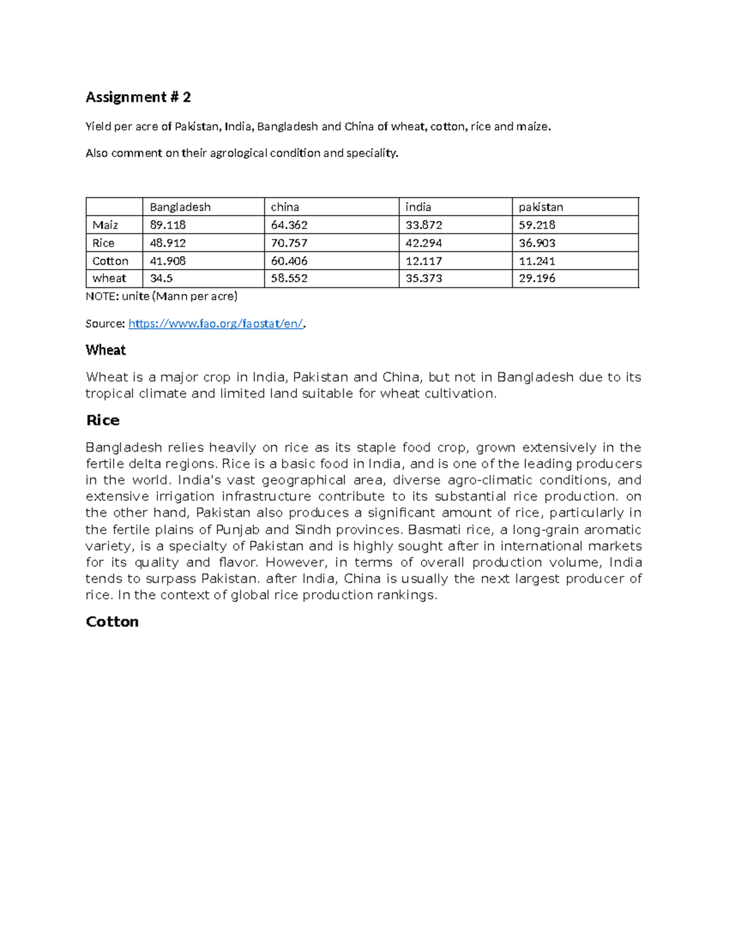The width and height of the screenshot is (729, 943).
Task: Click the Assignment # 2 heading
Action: (x=138, y=97)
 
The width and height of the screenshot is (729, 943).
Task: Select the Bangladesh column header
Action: (x=180, y=207)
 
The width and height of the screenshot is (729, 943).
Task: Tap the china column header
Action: (x=285, y=207)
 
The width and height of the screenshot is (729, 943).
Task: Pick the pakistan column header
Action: (x=541, y=207)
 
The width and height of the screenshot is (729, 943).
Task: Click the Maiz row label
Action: (x=105, y=225)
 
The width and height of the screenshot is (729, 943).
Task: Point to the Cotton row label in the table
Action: (x=110, y=261)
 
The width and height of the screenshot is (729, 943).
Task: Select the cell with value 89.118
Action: (x=168, y=225)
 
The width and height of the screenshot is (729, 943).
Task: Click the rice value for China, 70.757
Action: (x=289, y=243)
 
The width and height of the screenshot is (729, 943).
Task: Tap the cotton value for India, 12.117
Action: (x=424, y=261)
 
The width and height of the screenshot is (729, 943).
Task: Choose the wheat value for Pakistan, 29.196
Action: (x=537, y=278)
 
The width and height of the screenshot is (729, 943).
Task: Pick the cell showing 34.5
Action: (x=161, y=278)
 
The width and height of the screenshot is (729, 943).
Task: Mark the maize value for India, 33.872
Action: (x=424, y=225)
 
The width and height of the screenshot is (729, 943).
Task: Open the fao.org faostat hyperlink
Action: (x=216, y=324)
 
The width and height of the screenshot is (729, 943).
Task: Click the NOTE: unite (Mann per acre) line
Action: (x=162, y=296)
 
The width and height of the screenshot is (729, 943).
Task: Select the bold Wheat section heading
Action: (x=106, y=350)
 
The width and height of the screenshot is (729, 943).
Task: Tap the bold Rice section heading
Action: (x=103, y=420)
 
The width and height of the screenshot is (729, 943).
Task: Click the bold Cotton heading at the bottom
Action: (x=112, y=622)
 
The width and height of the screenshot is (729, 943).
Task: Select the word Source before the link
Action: (x=104, y=324)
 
